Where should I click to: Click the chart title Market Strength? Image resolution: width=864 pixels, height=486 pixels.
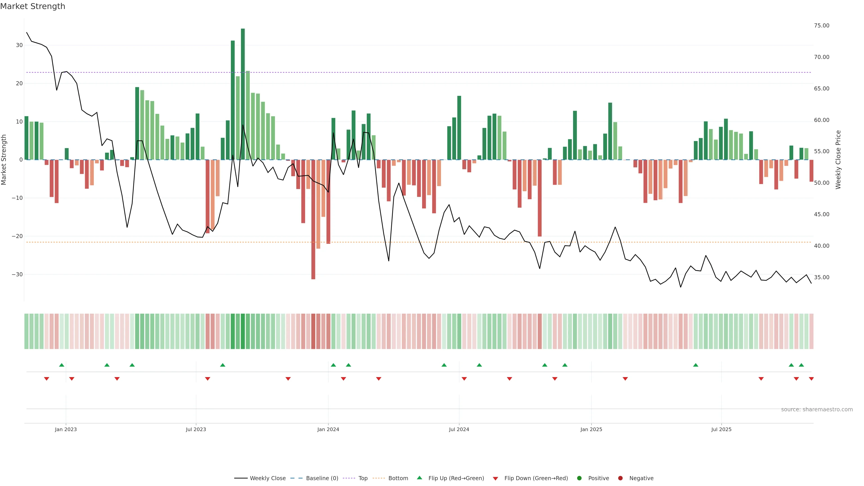coord(33,6)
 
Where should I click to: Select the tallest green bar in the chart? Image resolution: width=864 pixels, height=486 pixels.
coord(243,94)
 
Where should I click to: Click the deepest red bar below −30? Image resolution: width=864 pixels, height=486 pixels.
coord(313,219)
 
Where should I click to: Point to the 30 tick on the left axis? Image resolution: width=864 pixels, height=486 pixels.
coord(19,45)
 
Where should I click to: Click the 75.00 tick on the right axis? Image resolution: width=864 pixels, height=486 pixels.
coord(821,25)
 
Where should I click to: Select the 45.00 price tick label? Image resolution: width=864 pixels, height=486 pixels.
coord(821,214)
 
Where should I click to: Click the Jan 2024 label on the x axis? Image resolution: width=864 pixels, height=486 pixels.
coord(328,429)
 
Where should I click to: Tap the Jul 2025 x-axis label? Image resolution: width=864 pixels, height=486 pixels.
coord(721,429)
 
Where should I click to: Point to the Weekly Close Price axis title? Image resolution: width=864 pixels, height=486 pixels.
coord(838,160)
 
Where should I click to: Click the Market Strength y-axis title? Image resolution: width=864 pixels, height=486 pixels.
coord(4,160)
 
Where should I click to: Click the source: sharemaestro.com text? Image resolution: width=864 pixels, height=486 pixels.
coord(817,409)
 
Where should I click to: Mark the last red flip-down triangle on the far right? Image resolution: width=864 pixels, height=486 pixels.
coord(811,379)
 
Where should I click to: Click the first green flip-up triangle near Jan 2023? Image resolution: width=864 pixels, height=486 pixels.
coord(62,365)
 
